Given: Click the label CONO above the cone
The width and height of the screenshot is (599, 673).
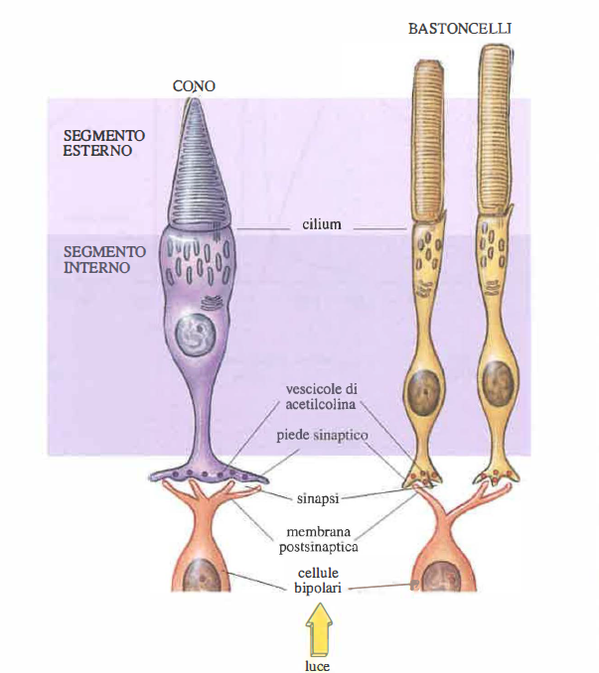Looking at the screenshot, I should click(194, 86).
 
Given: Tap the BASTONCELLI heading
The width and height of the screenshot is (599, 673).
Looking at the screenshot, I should click(460, 30).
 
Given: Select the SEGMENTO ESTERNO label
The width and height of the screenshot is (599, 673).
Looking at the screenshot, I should click(104, 142).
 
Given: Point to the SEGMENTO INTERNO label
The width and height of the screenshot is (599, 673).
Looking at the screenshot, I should click(104, 260).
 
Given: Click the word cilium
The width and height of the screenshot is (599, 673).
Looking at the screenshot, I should click(322, 224).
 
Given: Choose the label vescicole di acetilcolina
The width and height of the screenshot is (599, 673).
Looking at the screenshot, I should click(321, 395).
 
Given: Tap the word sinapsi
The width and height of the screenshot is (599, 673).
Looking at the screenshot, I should click(321, 496).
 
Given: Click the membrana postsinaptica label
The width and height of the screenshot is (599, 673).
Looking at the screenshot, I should click(320, 536).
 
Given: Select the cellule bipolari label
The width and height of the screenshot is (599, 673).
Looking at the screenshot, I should click(320, 581).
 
